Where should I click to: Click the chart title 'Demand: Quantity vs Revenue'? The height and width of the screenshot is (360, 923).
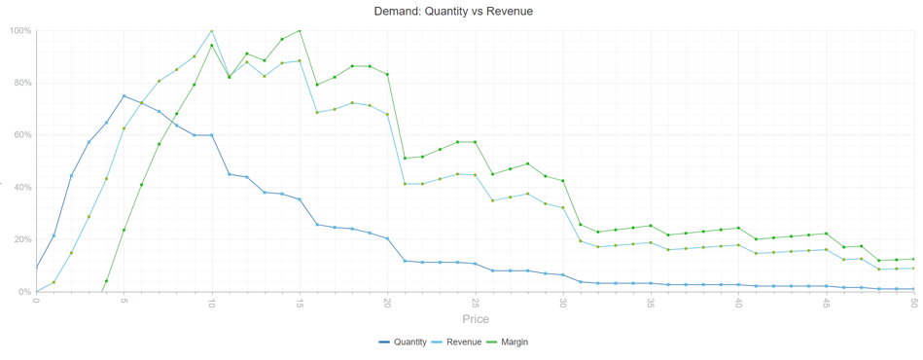click(x=453, y=12)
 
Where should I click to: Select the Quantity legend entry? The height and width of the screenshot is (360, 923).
click(x=403, y=342)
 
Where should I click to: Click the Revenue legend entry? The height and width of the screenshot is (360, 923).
click(x=458, y=342)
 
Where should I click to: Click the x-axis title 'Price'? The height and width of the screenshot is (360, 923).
click(x=476, y=319)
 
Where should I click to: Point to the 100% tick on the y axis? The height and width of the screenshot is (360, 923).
click(x=19, y=30)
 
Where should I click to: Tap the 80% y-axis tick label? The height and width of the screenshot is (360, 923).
click(x=21, y=83)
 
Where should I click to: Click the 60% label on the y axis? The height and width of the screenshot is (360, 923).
click(x=21, y=135)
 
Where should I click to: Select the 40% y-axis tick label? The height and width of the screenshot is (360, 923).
click(x=21, y=187)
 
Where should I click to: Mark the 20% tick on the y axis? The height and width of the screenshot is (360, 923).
click(x=21, y=239)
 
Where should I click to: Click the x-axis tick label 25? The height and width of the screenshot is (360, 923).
click(x=475, y=302)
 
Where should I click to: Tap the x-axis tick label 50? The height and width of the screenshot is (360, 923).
click(x=914, y=302)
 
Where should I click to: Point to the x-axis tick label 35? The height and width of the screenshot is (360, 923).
click(x=651, y=302)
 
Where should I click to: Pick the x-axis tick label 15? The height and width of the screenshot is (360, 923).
click(x=300, y=302)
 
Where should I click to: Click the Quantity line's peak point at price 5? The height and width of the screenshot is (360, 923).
click(x=124, y=95)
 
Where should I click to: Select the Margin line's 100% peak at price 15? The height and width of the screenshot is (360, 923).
click(x=300, y=30)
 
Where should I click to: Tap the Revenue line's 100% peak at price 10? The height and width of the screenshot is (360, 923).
click(x=212, y=30)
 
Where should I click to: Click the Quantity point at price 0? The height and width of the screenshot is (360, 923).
click(x=36, y=268)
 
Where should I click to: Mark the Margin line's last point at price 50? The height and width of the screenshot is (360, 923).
click(x=914, y=259)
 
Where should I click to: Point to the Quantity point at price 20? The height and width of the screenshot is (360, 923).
click(x=387, y=238)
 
